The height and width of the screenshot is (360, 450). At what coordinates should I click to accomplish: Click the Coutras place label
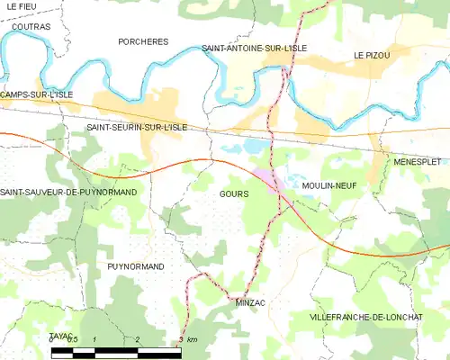click(x=31, y=27)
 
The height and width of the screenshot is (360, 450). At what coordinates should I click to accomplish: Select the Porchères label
click(x=143, y=41)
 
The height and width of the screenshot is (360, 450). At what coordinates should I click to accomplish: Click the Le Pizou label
click(x=371, y=56)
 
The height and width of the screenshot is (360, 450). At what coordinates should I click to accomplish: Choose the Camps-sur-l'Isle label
click(x=36, y=94)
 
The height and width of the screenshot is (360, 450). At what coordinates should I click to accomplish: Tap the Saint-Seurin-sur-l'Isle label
click(x=136, y=128)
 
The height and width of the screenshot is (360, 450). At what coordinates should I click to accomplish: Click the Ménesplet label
click(x=416, y=161)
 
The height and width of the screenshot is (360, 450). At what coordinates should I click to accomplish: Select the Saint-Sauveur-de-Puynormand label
click(x=68, y=193)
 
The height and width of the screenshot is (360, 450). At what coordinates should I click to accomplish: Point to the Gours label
click(x=234, y=193)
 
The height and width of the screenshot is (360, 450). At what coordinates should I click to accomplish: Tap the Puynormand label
click(x=135, y=266)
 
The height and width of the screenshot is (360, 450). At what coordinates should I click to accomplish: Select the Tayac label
click(x=60, y=336)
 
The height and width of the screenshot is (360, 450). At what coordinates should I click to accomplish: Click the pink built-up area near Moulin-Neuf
click(x=269, y=180)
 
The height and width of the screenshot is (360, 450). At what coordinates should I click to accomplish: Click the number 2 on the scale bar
click(x=137, y=339)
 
